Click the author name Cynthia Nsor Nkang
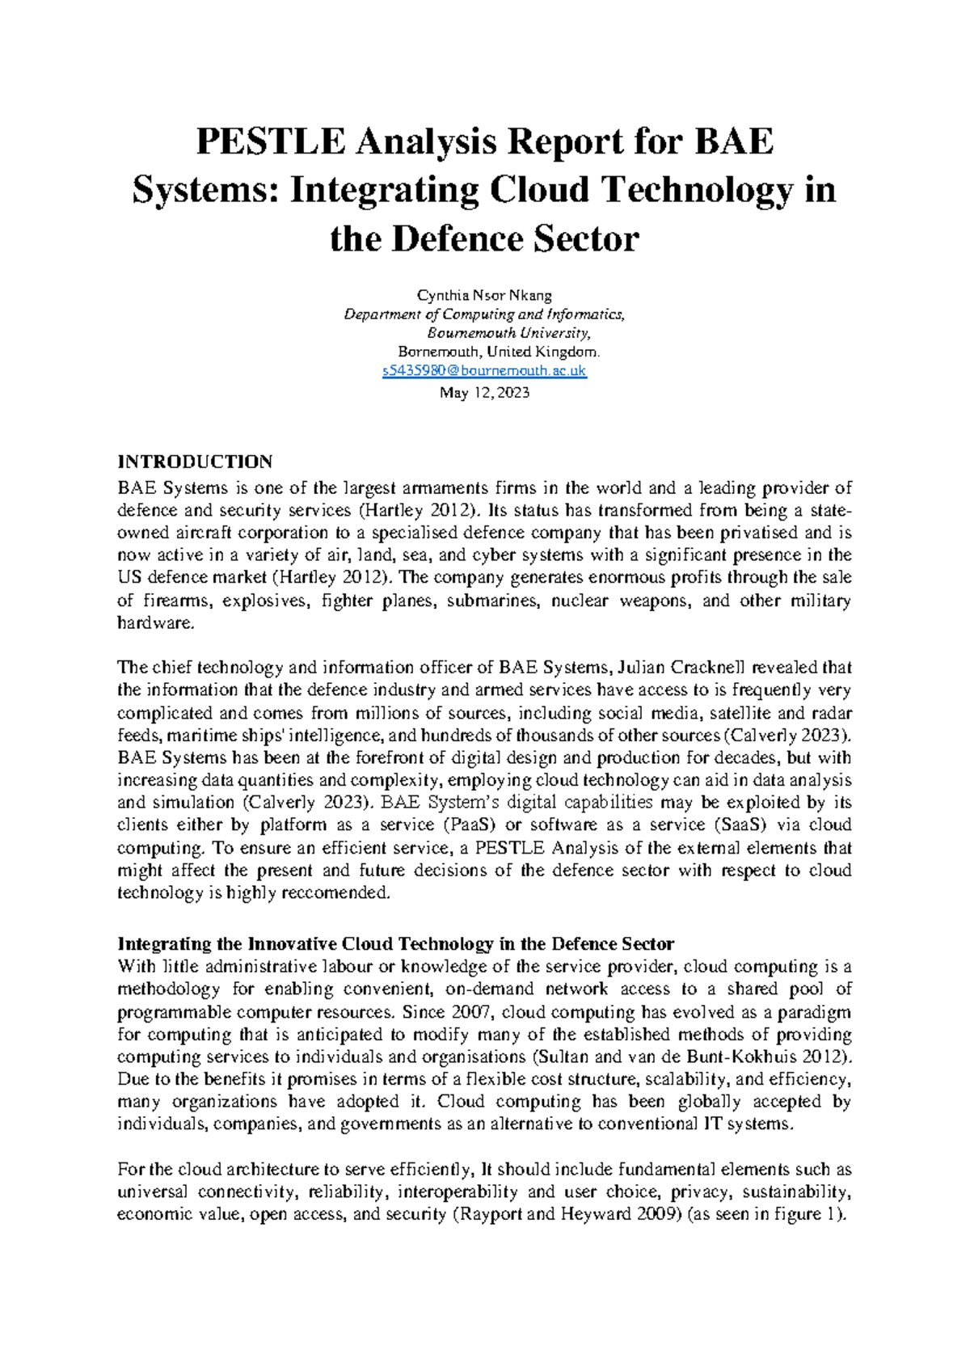[x=484, y=295]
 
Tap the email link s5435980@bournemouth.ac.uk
[x=484, y=371]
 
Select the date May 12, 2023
[x=484, y=393]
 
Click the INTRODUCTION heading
[x=195, y=462]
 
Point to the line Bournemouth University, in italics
[x=509, y=333]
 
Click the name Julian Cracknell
[x=682, y=668]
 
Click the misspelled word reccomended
[x=339, y=893]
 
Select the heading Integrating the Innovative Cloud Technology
[x=395, y=944]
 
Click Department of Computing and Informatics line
[x=484, y=314]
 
